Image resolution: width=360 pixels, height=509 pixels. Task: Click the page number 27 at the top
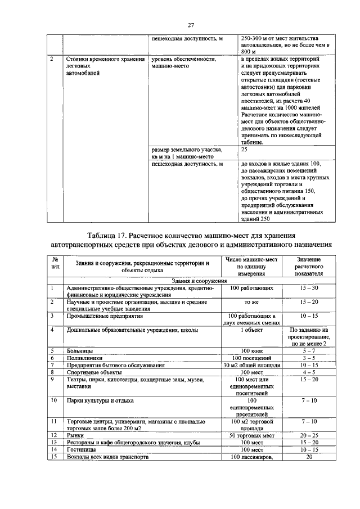coord(191,25)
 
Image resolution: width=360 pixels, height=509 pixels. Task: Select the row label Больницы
coord(80,350)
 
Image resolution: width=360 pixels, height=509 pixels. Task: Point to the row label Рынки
coord(75,435)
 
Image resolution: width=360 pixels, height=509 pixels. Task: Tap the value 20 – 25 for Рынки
coord(309,435)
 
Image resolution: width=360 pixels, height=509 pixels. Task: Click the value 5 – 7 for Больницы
coord(309,350)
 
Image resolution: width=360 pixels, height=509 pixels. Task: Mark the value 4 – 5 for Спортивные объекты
coord(309,372)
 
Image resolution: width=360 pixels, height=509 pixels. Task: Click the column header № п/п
coord(55,263)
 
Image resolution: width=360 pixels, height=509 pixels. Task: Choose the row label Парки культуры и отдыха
coord(100,400)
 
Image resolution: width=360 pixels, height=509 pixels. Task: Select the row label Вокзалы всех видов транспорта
coord(107,457)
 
